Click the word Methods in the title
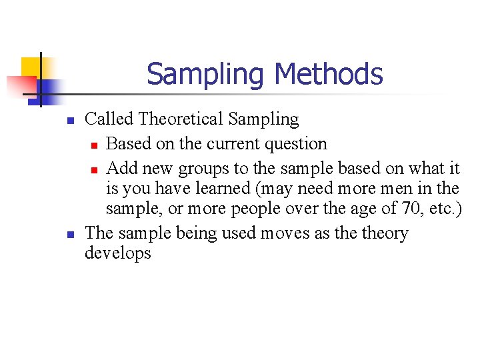coord(329,74)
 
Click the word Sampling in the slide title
coord(207,74)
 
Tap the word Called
coord(110,119)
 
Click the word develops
coord(118,253)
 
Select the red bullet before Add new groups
coord(95,169)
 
